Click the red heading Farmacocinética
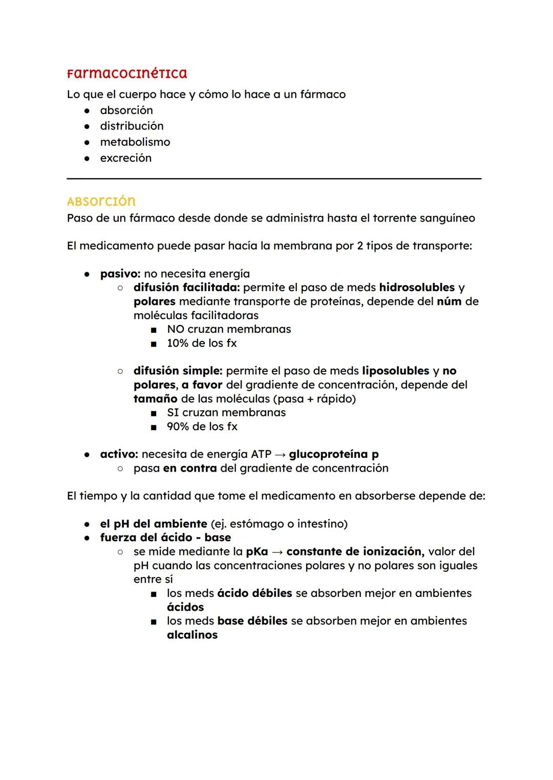(127, 74)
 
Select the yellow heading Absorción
(101, 201)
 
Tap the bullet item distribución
(132, 126)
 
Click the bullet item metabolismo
(135, 142)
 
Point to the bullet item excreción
(125, 158)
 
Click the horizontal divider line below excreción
(274, 179)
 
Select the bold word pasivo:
(120, 274)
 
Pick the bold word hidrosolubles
(417, 287)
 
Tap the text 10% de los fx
(202, 343)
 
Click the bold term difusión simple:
(178, 371)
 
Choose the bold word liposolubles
(395, 371)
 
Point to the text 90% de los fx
(202, 427)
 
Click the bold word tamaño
(155, 398)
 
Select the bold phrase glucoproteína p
(334, 454)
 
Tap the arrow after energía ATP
(280, 454)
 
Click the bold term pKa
(257, 552)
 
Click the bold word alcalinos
(192, 635)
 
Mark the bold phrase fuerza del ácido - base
(165, 538)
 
